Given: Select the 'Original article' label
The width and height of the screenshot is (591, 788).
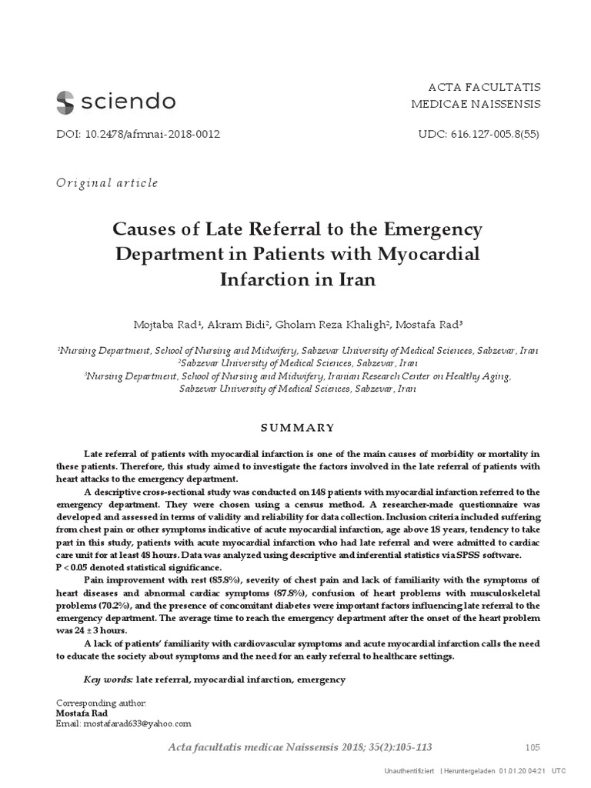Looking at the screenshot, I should point(108,182).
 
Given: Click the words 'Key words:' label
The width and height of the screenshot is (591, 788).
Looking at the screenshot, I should point(108,679).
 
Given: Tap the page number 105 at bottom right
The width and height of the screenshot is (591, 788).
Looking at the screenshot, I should point(533,746).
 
